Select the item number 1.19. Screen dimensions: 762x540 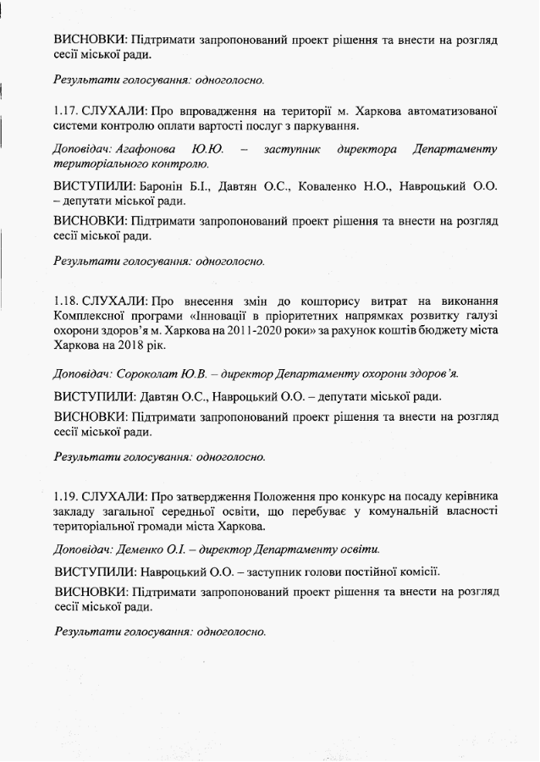pos(66,495)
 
